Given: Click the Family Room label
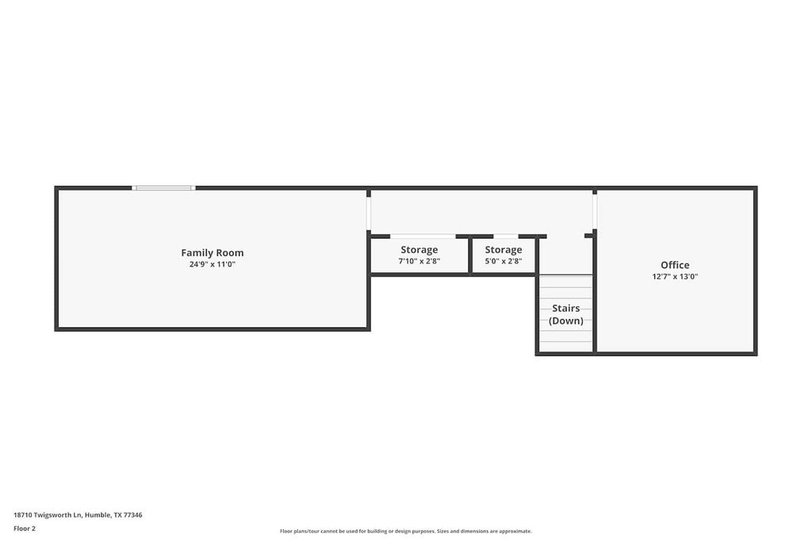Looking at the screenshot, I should tap(212, 253).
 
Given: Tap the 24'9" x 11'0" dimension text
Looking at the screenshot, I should tap(212, 264).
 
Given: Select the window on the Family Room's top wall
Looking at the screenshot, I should tap(163, 188).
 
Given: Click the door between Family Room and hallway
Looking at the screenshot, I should tap(369, 213).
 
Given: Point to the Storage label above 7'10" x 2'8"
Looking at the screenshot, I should tap(419, 250).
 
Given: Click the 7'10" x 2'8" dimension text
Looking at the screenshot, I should tap(419, 261).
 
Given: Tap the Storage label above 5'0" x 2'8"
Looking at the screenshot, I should tap(504, 250).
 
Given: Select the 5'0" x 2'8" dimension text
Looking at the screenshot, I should tap(504, 261).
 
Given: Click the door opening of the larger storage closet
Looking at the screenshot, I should tap(423, 236).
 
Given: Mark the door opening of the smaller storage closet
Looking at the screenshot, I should tap(505, 236).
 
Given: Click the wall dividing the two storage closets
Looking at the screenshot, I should tap(470, 256).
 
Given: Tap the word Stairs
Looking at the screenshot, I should tap(566, 308).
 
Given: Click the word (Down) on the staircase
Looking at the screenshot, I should tap(566, 321).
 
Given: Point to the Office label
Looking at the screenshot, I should tap(675, 265).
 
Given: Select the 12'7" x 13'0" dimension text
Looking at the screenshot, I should tap(675, 277).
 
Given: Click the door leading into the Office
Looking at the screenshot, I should tap(595, 211).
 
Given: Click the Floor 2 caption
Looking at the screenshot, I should tap(25, 529).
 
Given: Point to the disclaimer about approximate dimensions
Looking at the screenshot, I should tap(405, 532).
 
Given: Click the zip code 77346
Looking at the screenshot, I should tap(133, 515).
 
